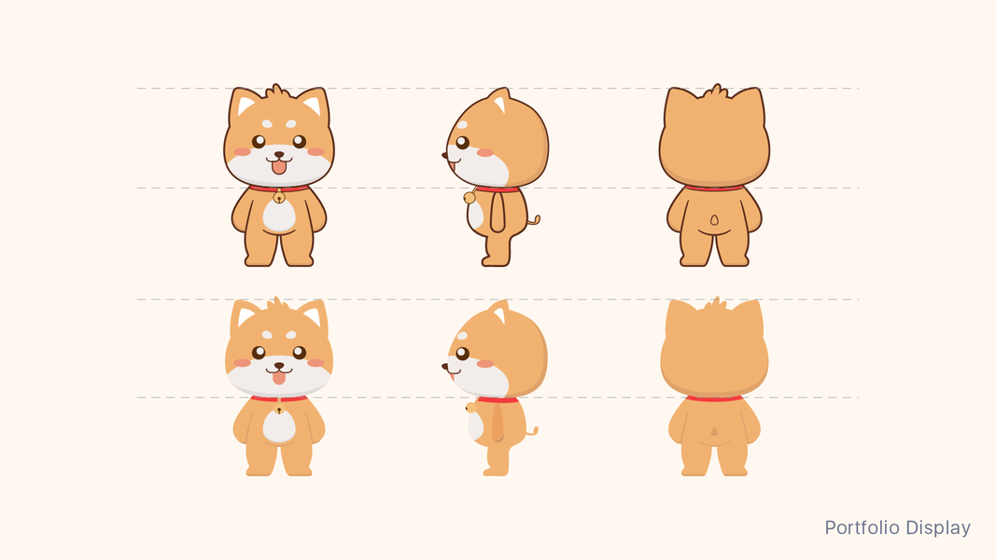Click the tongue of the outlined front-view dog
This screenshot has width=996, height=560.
279,167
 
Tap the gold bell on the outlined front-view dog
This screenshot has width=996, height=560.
278,198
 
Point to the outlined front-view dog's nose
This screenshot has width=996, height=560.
279,154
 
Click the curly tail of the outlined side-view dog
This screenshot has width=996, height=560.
534,221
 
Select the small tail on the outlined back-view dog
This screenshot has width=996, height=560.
714,220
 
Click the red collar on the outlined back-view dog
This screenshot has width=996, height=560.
714,188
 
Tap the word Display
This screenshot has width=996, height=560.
938,528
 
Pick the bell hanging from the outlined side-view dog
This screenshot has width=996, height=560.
469,198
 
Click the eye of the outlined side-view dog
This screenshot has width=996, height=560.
462,142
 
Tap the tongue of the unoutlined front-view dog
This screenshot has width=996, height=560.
279,378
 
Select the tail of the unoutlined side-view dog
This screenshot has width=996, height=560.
532,432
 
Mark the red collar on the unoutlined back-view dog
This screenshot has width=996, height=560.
714,399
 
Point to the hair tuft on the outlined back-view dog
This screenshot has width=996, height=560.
717,91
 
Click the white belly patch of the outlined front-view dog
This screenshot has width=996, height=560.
279,216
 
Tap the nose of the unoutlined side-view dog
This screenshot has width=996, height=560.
444,367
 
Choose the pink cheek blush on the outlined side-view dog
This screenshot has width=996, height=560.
485,153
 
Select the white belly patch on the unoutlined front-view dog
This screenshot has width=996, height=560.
279,426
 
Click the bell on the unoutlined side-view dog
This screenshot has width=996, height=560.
470,408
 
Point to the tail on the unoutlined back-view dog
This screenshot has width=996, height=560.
714,431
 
